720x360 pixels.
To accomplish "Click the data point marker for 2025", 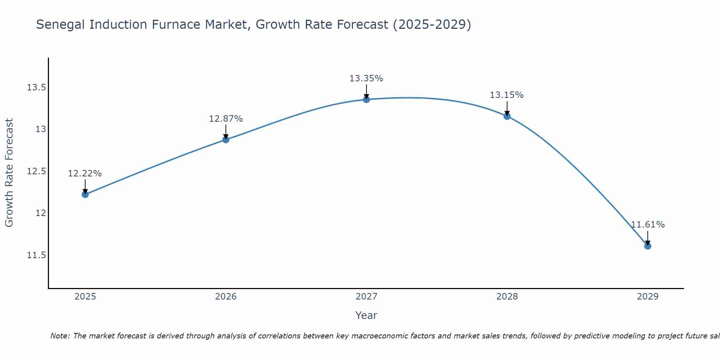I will (x=85, y=194).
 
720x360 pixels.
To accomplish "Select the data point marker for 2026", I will (x=226, y=140).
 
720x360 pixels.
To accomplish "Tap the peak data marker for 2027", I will (x=366, y=99).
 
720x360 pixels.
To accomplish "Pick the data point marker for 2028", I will (x=507, y=116).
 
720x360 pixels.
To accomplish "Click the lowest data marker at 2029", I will (x=648, y=246).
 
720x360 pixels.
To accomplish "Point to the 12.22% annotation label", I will (x=85, y=174).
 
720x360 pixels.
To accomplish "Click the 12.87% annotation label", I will (x=226, y=119).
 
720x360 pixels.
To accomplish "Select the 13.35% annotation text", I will (x=366, y=78).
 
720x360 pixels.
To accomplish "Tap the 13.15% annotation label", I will (x=507, y=95).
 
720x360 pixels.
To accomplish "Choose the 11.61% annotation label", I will (x=648, y=225).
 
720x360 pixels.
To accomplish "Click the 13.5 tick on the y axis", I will (x=37, y=87).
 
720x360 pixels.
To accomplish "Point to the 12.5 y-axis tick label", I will (x=37, y=171).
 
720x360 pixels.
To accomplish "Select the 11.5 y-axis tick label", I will (x=37, y=255).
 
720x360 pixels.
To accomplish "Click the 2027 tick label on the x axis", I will (x=366, y=297).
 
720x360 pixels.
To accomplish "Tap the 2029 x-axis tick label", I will (x=648, y=297).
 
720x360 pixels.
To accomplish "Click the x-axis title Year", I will (x=366, y=315).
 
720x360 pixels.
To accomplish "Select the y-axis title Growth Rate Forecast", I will (x=9, y=173).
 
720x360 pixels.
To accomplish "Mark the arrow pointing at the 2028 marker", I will (x=507, y=108).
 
